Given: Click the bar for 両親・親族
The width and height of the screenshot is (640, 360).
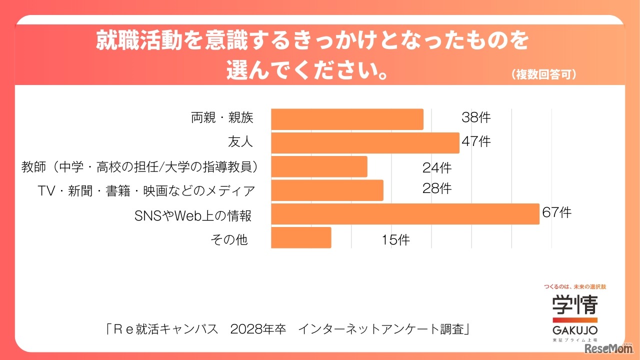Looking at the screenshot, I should [x=347, y=119].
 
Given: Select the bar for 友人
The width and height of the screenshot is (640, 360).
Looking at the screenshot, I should [x=365, y=143].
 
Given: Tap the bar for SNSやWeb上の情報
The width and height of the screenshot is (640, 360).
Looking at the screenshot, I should [x=405, y=214].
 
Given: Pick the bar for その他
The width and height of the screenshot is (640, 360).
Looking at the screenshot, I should [x=301, y=237].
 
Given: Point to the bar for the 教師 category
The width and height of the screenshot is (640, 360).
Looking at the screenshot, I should [x=319, y=166].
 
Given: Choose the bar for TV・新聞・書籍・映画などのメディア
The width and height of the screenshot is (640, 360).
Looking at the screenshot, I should [x=327, y=190].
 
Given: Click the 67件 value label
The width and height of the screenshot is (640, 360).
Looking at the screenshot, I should [x=556, y=212].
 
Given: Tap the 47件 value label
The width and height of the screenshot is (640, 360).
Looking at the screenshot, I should [x=476, y=141].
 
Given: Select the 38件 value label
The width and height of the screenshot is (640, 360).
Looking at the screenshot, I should [x=476, y=118].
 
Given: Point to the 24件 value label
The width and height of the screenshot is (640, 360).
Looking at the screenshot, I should [x=436, y=167].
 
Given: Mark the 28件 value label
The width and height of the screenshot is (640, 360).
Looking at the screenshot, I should [x=436, y=188].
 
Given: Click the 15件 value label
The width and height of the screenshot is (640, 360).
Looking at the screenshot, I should [x=395, y=240].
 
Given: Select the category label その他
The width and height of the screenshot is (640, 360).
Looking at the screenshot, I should [x=229, y=239].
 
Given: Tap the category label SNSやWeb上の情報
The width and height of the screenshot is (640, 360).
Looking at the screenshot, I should [x=192, y=216].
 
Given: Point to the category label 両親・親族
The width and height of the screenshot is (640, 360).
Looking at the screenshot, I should [x=222, y=118].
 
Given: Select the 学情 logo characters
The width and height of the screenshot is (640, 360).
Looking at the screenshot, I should [x=575, y=304].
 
